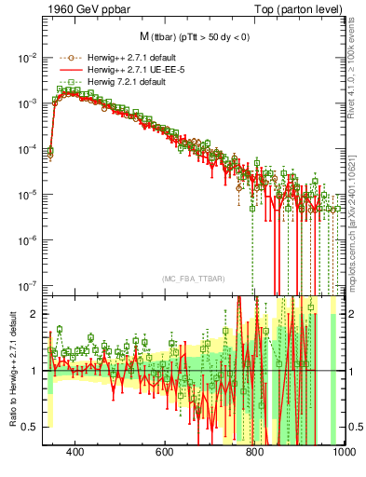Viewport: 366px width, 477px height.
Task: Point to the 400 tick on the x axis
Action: coord(76,452)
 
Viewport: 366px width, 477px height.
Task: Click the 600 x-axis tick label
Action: coord(165,452)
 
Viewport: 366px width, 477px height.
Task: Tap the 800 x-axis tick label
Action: coord(254,452)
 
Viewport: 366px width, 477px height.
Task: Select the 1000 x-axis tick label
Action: coord(341,452)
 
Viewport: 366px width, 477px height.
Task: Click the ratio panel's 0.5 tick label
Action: coord(30,427)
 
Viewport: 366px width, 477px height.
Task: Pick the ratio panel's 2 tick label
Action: coord(34,314)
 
